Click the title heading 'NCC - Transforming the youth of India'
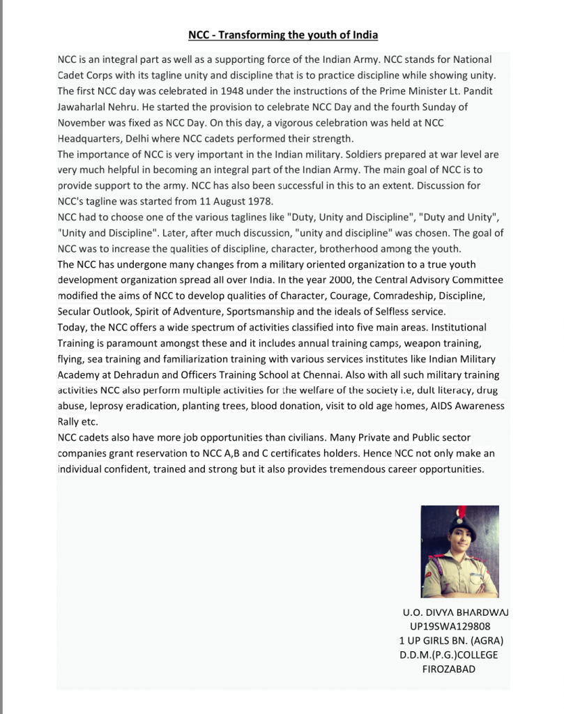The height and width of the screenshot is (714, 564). point(282,34)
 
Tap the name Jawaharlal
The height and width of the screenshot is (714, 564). point(86,107)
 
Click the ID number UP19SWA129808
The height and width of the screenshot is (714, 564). point(450,626)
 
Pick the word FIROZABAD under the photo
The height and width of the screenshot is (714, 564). point(450,669)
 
